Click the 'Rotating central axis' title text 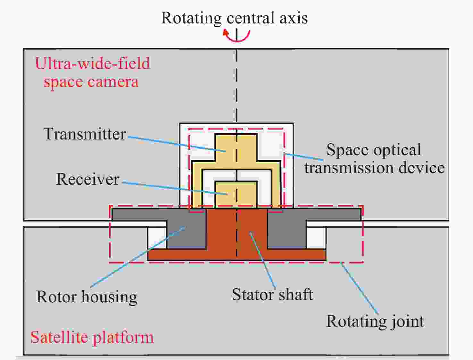[235, 18]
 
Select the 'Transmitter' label [85, 134]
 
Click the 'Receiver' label [88, 179]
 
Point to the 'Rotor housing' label [87, 297]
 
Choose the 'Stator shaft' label [273, 295]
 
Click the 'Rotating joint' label [375, 322]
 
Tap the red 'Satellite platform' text [92, 337]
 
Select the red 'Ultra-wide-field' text [93, 63]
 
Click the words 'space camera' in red [91, 82]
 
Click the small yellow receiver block [236, 195]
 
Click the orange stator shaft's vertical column [236, 230]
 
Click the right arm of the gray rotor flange [333, 214]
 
